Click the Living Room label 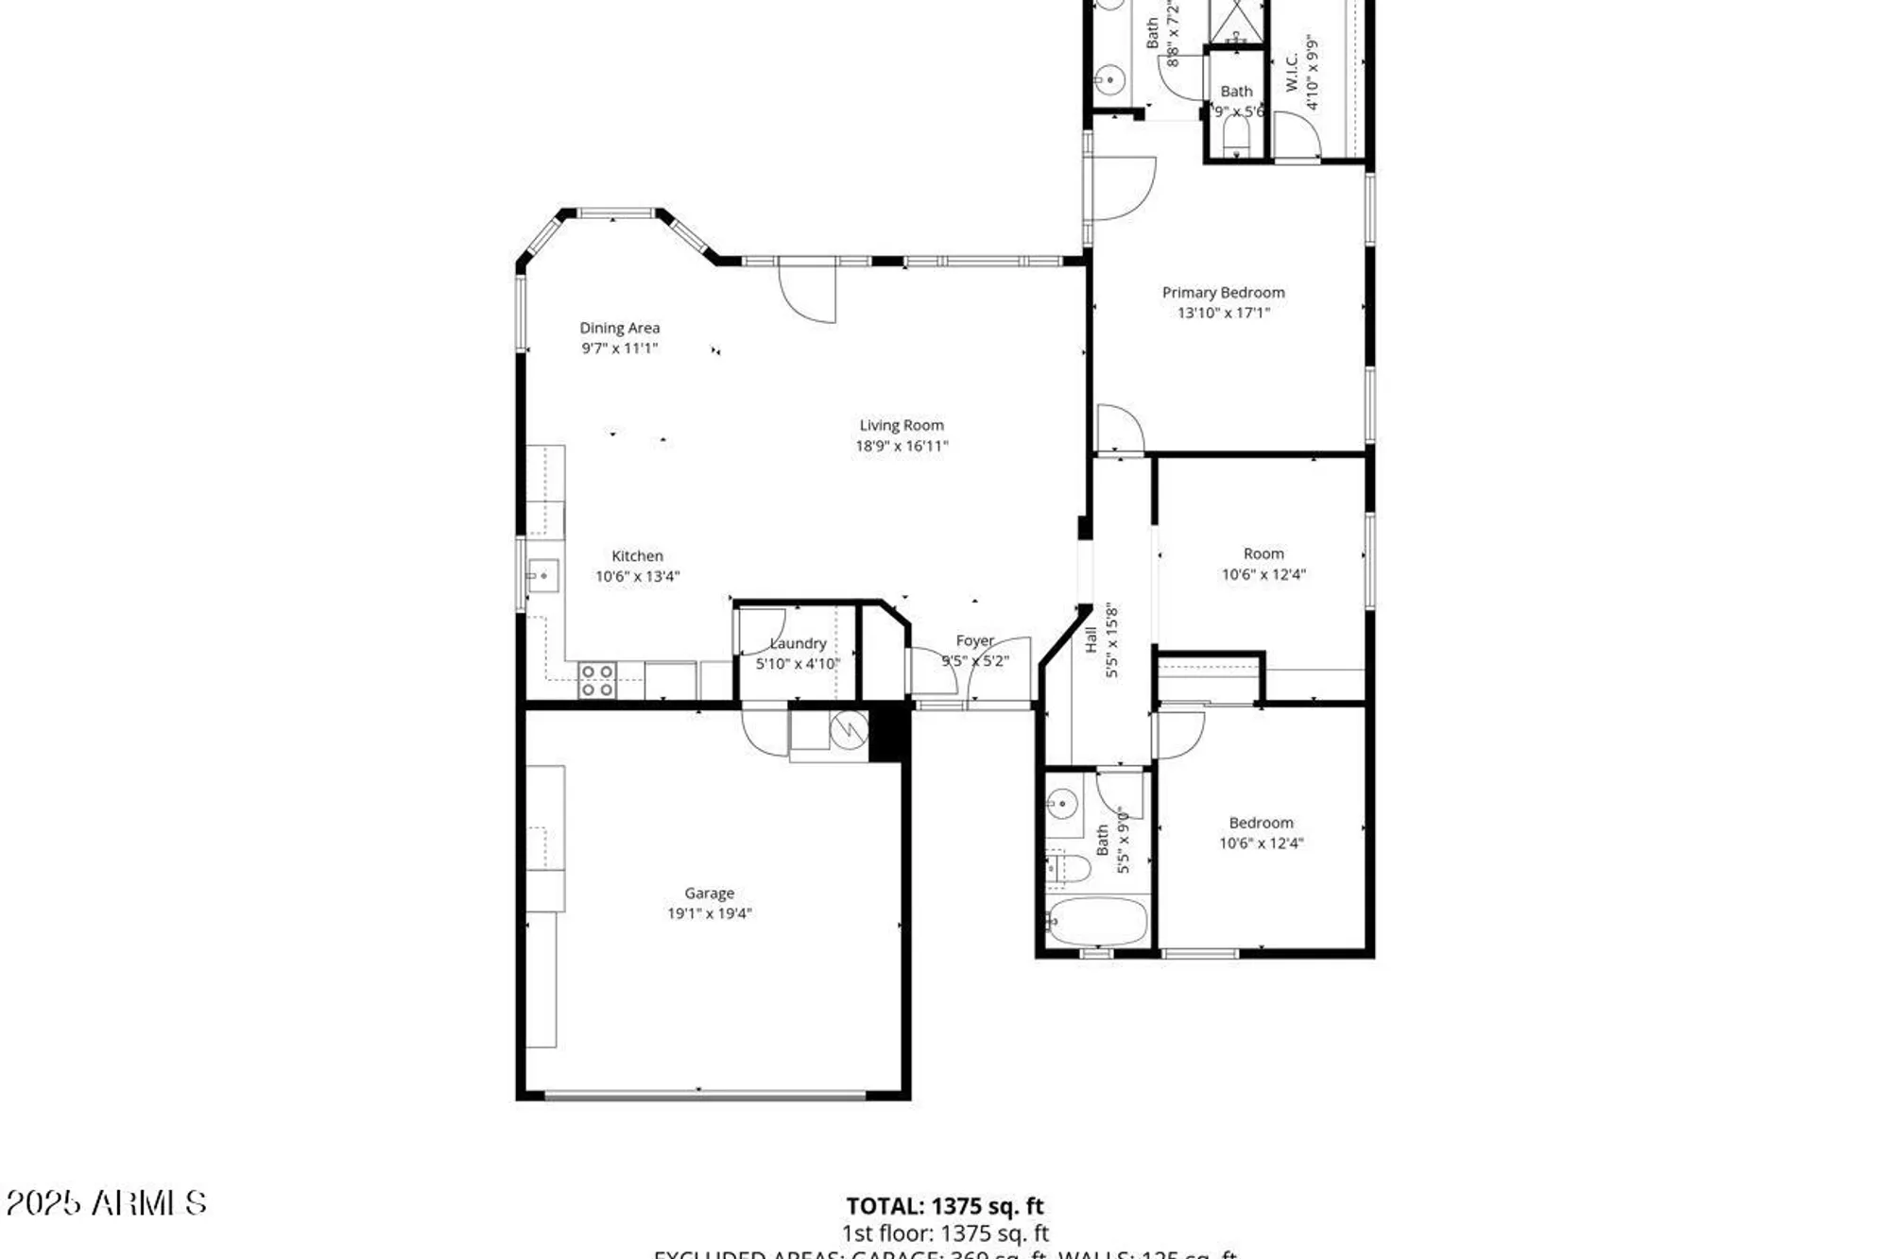[901, 426]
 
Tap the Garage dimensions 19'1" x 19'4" [709, 913]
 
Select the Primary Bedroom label [1223, 293]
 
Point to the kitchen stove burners [597, 680]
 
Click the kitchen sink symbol [542, 575]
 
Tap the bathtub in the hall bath [1096, 922]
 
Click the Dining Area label [619, 328]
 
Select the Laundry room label [799, 644]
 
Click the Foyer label [974, 641]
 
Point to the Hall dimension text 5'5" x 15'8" [1112, 642]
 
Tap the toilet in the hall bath [1068, 868]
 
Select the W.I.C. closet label [1292, 72]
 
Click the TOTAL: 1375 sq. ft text [944, 1206]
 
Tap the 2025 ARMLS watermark [106, 1203]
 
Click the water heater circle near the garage [849, 729]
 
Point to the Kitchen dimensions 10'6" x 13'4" [637, 576]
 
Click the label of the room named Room [1263, 554]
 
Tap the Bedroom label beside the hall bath [1261, 824]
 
